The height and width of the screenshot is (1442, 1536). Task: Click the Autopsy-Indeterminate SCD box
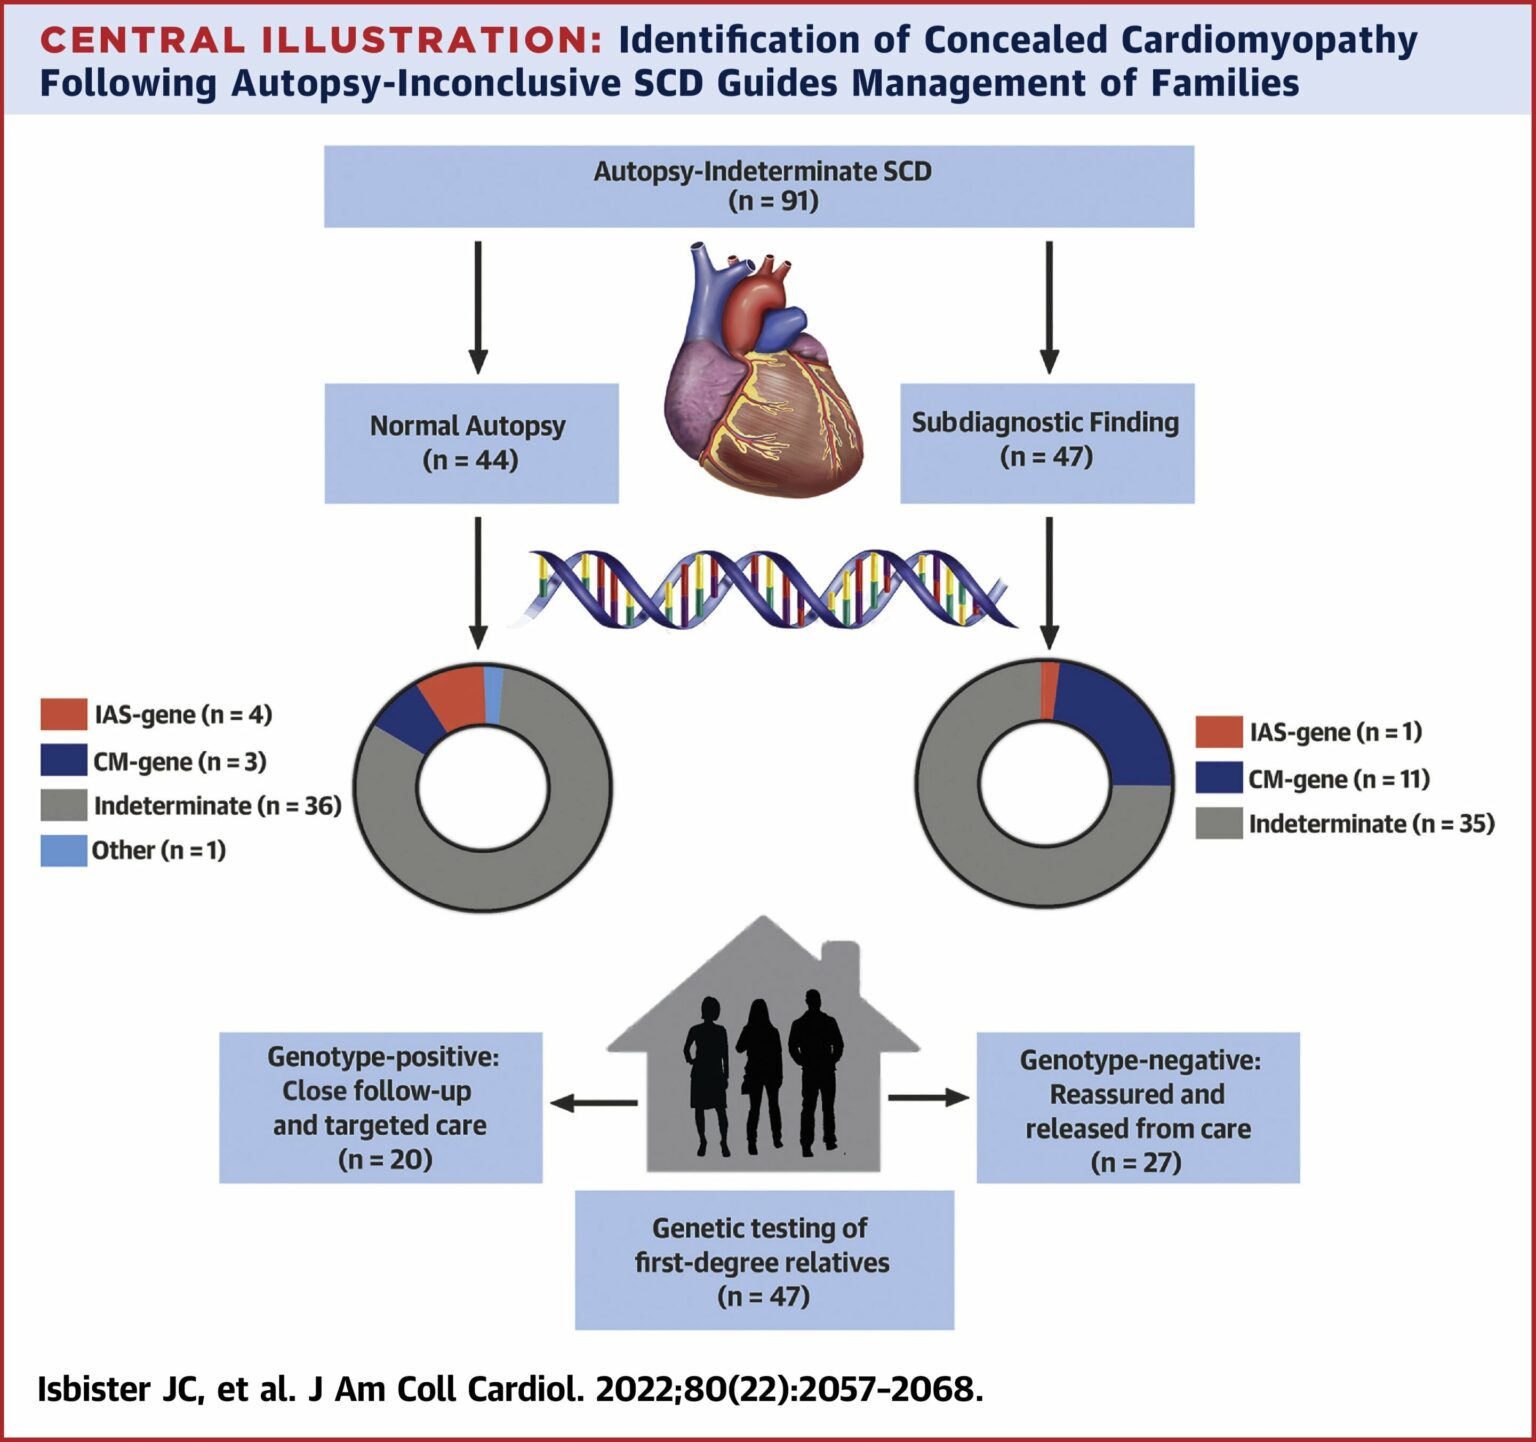pos(759,186)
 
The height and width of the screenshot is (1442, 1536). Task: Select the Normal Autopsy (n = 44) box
pos(471,443)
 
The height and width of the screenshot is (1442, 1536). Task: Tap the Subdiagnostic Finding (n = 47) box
pos(1047,443)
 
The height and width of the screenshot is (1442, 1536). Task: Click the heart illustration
pos(762,369)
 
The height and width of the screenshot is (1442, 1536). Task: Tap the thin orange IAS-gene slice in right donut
pos(1048,689)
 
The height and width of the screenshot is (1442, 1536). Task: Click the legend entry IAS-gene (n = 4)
pos(157,715)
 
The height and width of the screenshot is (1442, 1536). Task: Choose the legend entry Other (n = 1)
pos(134,851)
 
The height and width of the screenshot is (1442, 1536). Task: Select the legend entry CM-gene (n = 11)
pos(1313,779)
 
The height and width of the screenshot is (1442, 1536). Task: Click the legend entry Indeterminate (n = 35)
pos(1345,824)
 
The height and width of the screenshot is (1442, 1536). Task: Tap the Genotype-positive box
pos(381,1108)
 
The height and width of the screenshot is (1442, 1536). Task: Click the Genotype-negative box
pos(1138,1108)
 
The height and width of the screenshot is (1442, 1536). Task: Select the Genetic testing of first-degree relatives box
pos(764,1260)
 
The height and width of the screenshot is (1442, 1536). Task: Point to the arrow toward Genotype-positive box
pos(594,1103)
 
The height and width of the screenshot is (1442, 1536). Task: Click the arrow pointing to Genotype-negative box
pos(929,1098)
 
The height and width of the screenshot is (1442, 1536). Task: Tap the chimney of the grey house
pos(839,965)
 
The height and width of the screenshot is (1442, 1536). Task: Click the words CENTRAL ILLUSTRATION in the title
pos(321,40)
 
